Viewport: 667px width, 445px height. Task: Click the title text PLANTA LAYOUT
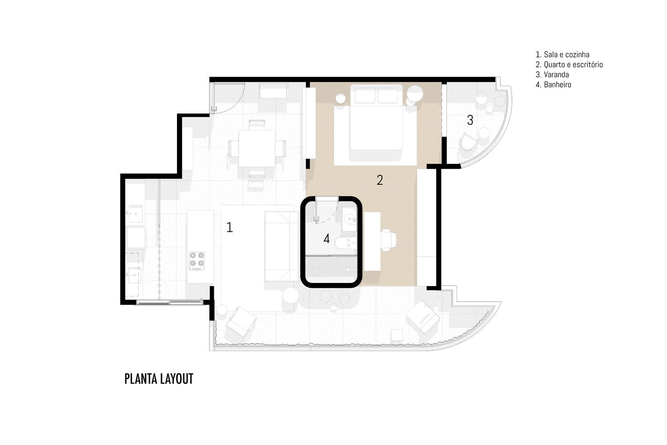coord(159,379)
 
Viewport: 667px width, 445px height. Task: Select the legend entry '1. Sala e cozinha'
coord(563,55)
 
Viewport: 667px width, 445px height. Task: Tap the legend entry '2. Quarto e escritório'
coord(569,65)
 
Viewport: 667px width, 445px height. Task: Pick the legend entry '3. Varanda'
coord(552,74)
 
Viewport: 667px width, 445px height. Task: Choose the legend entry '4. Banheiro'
coord(553,85)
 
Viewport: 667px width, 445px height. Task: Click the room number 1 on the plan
coord(229,227)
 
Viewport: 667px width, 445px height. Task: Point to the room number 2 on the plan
coord(380,180)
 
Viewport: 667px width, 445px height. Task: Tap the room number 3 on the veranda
coord(470,120)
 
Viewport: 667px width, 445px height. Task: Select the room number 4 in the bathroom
coord(327,239)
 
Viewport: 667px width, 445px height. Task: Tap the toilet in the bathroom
coord(346,243)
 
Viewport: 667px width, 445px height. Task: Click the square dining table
coord(257,149)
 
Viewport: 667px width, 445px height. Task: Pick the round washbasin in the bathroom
coord(349,219)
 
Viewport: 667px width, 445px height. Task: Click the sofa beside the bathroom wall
coord(281,247)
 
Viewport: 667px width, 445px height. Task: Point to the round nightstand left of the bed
coord(341,98)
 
